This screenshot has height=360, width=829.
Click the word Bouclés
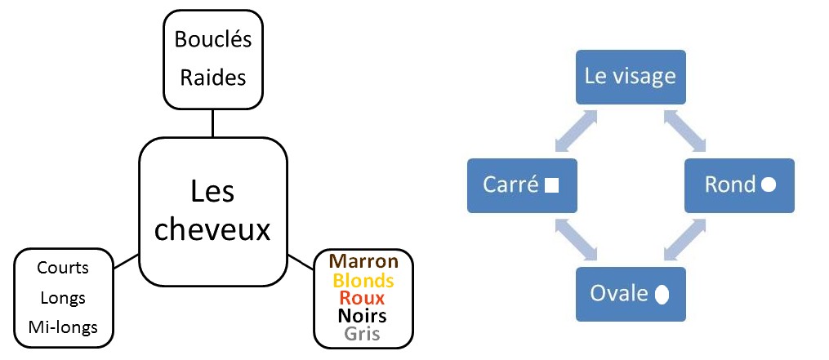212,40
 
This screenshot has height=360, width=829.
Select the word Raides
212,78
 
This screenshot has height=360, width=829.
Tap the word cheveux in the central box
212,230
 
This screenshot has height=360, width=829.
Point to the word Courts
63,268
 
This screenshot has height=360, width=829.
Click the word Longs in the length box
63,298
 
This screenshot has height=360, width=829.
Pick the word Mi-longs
63,327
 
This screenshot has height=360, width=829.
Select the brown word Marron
363,261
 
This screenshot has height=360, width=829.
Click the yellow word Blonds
363,281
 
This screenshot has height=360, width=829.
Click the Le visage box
630,77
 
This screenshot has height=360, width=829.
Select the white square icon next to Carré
551,185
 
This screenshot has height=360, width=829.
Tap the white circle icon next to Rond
768,185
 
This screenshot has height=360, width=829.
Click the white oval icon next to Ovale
662,294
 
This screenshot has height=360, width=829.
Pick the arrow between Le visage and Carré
576,131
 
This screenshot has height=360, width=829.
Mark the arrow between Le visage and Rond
684,131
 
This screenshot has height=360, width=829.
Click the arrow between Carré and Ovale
576,239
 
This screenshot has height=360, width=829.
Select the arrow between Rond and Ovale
684,239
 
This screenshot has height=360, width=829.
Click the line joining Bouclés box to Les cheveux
212,123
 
